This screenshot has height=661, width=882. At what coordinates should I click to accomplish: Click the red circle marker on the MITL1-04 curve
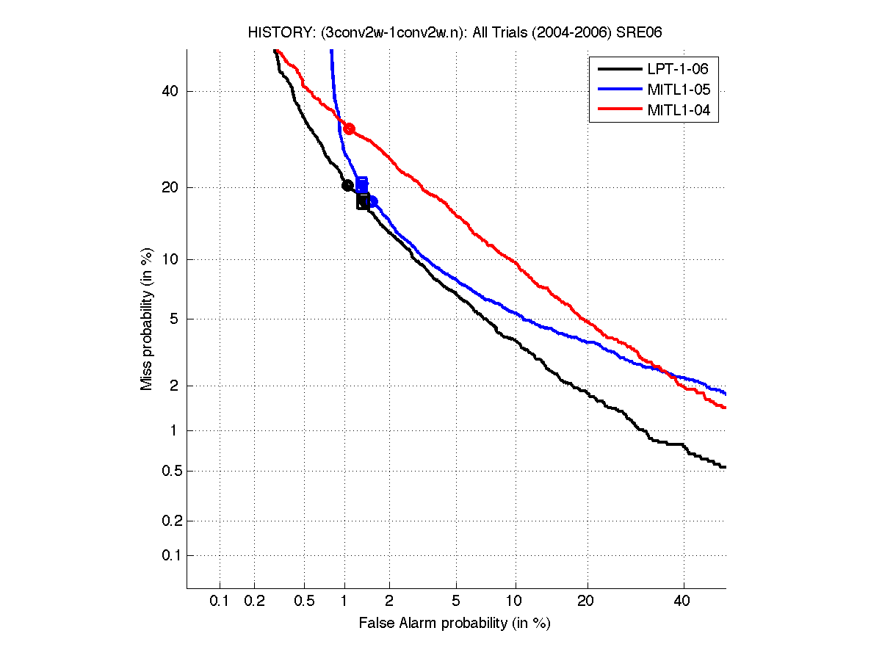tap(350, 129)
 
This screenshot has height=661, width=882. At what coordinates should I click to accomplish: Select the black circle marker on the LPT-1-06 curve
tap(348, 185)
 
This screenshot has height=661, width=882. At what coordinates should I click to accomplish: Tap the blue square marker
tap(361, 184)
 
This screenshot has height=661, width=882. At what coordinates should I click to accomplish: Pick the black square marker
tap(363, 201)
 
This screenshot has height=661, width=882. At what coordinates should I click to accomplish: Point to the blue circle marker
tap(372, 202)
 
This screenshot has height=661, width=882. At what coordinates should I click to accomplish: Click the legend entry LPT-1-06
tap(678, 69)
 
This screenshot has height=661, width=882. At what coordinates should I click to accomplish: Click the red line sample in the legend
tap(619, 110)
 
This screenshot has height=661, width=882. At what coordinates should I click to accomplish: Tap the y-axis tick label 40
tap(170, 92)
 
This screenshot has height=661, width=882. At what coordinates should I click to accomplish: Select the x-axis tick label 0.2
tap(254, 601)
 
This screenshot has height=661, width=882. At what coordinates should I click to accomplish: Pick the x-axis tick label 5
tap(456, 601)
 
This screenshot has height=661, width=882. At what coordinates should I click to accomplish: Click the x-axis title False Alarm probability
tap(455, 624)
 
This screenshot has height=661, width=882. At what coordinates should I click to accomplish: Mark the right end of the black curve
tap(725, 467)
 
